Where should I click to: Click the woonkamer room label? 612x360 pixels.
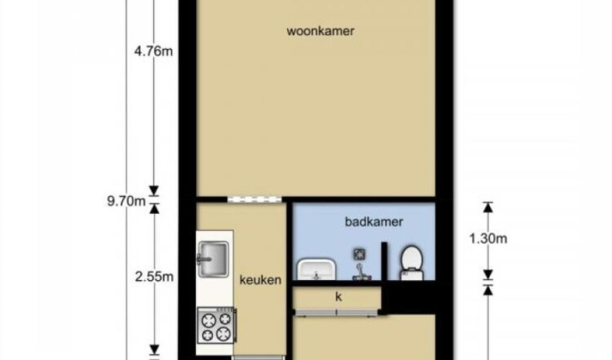(321, 31)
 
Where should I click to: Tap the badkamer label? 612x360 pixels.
(374, 222)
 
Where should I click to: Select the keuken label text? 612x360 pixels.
(260, 280)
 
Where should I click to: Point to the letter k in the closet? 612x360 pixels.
(339, 297)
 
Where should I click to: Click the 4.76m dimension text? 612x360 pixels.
(153, 51)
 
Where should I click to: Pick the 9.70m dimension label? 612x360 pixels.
(126, 202)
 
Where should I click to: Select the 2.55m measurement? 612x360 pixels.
(154, 277)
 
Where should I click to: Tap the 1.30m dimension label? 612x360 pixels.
(488, 238)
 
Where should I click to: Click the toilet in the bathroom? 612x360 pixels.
(412, 262)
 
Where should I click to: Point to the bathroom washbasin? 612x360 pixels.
(317, 269)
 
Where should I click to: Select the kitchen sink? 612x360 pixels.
(213, 260)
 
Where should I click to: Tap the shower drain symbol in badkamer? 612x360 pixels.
(359, 254)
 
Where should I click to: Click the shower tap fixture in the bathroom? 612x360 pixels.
(361, 273)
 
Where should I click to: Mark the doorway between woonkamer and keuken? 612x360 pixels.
(255, 199)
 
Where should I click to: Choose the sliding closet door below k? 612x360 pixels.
(336, 312)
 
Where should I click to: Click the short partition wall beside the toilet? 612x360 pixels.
(384, 261)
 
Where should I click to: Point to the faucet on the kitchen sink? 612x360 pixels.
(203, 260)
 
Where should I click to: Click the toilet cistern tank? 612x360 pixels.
(412, 275)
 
